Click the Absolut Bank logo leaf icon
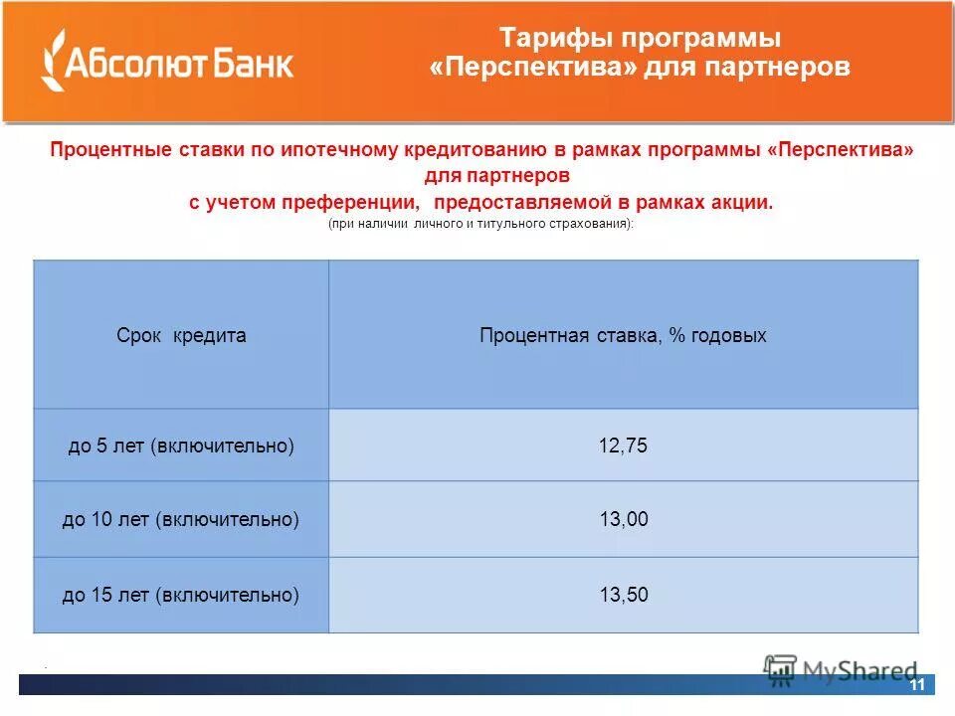pyautogui.click(x=52, y=61)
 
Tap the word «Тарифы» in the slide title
pyautogui.click(x=554, y=39)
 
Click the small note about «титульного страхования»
pyautogui.click(x=480, y=225)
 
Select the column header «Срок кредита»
pyautogui.click(x=181, y=335)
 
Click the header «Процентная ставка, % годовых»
pyautogui.click(x=623, y=335)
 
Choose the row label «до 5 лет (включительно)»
pyautogui.click(x=181, y=446)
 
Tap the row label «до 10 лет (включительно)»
pyautogui.click(x=181, y=520)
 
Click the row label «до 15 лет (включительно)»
pyautogui.click(x=181, y=595)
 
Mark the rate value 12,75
pyautogui.click(x=623, y=446)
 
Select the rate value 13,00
pyautogui.click(x=623, y=520)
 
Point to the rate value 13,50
pyautogui.click(x=623, y=595)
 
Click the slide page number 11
pyautogui.click(x=916, y=684)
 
